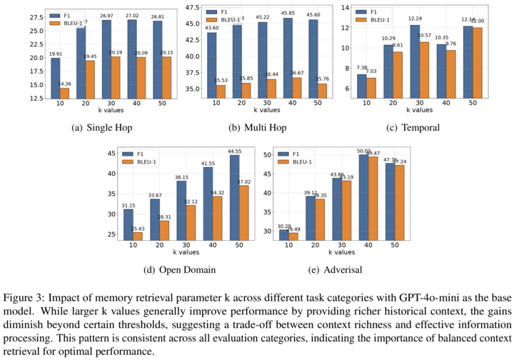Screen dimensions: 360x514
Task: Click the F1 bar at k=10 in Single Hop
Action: (55, 79)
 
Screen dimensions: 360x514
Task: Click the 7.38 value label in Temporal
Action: (362, 69)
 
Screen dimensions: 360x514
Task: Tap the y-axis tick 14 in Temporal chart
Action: (344, 7)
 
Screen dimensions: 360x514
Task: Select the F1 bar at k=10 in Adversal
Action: (283, 234)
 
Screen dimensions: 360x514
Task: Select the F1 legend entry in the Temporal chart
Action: (375, 12)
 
